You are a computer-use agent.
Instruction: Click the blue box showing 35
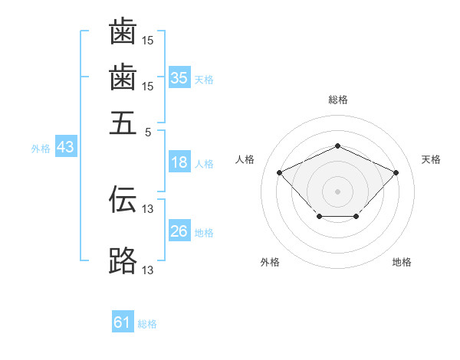tap(179, 77)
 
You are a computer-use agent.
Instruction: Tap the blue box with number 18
tap(179, 162)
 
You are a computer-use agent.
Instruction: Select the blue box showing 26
tap(179, 231)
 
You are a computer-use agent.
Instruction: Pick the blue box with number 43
tap(65, 147)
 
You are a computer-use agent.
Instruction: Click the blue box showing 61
tap(123, 322)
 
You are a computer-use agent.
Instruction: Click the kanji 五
tap(123, 122)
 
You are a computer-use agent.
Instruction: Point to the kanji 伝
tap(123, 200)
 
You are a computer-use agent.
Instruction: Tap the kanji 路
tap(123, 261)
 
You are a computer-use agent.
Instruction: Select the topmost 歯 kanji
tap(123, 32)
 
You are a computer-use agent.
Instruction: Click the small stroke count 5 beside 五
tap(149, 131)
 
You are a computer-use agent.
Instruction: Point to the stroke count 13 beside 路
tap(148, 270)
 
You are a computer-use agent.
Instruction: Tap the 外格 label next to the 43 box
tap(40, 149)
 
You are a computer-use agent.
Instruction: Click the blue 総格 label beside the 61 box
tap(147, 325)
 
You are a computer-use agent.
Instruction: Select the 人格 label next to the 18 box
tap(204, 164)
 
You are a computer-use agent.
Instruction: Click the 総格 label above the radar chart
tap(337, 100)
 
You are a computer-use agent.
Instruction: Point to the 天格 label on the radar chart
tap(432, 159)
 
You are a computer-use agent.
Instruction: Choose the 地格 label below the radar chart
tap(402, 263)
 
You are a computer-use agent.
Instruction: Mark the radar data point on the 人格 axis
tap(280, 172)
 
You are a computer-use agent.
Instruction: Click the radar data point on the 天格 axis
tap(396, 172)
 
